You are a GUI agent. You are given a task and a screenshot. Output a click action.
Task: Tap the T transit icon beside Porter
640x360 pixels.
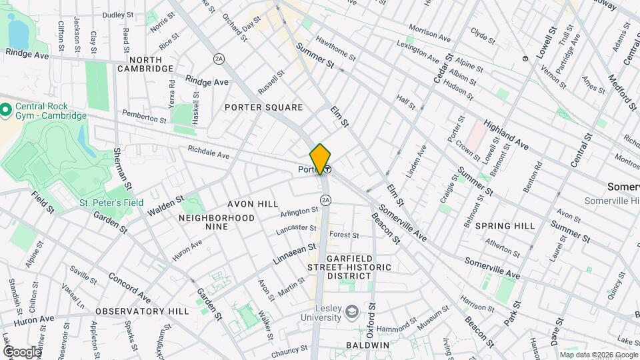tap(328, 170)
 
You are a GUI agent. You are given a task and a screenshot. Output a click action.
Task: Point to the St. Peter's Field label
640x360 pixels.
tap(103, 202)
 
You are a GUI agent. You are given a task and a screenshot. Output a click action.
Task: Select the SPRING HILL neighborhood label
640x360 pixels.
tap(505, 226)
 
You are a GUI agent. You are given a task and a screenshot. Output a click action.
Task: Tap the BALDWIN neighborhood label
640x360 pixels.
tap(367, 345)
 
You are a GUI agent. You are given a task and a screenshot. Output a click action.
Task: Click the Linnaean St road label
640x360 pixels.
tap(293, 254)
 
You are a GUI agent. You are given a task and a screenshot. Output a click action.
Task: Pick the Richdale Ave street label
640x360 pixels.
tap(208, 153)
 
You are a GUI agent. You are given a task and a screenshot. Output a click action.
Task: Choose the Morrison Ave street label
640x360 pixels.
tap(431, 31)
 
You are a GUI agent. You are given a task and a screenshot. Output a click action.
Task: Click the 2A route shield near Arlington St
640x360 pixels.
tap(325, 199)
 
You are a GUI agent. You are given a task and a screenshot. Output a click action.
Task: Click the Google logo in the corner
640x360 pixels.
tap(21, 351)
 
